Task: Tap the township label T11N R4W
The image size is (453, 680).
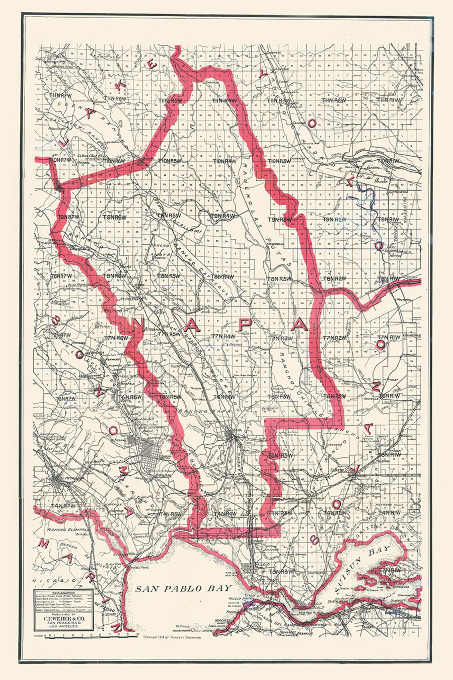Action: [224, 100]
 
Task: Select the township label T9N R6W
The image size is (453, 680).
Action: [115, 217]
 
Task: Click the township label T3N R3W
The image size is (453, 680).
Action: [281, 572]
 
